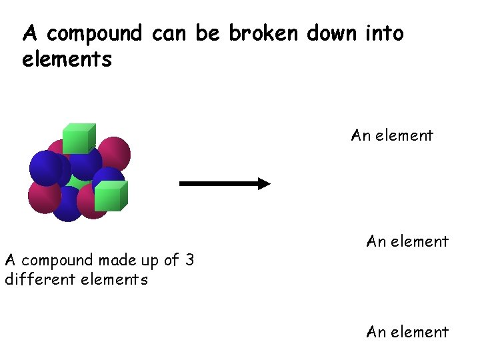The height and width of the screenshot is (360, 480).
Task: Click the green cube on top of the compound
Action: tap(79, 138)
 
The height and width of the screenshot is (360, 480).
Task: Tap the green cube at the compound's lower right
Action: tap(110, 196)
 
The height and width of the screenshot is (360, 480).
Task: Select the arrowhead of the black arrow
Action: tap(263, 183)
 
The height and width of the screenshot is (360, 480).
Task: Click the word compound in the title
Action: tap(95, 33)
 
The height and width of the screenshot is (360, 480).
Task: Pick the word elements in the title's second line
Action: tap(67, 60)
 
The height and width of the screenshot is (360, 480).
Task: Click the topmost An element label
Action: tap(392, 135)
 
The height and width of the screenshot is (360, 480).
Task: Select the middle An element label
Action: tap(407, 241)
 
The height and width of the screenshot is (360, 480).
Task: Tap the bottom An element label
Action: tap(407, 331)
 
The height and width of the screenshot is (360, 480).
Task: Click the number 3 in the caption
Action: tap(189, 260)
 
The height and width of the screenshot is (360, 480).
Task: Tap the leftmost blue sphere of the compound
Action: tap(45, 167)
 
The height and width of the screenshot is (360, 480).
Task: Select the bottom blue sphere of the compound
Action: tap(67, 205)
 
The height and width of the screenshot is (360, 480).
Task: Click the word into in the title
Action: tap(385, 33)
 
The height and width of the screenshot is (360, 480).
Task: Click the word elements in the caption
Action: tap(114, 279)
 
